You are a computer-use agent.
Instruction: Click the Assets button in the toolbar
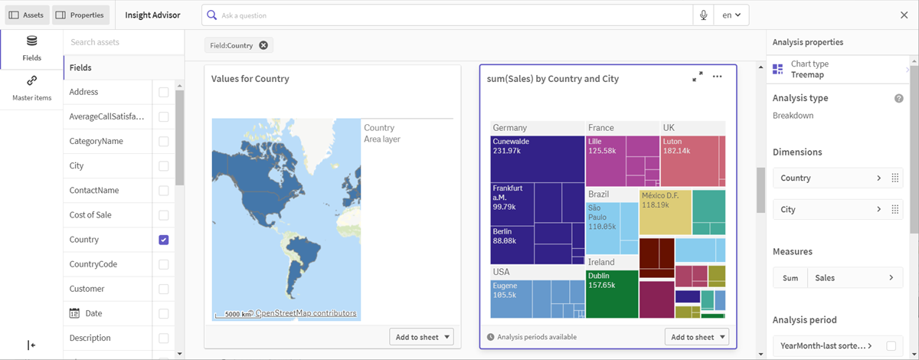(x=27, y=15)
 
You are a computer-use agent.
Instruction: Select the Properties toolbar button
(x=80, y=15)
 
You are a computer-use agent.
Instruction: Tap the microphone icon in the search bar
(x=703, y=15)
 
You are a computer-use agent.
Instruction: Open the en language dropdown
(x=731, y=15)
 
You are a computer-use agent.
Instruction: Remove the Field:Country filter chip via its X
(x=263, y=45)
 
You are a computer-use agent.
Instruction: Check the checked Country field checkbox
(x=164, y=240)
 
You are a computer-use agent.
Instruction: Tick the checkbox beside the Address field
(x=164, y=92)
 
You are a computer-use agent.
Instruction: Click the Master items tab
(x=32, y=88)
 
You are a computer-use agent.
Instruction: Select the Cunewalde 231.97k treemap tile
(x=538, y=159)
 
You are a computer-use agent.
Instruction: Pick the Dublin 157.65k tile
(x=612, y=294)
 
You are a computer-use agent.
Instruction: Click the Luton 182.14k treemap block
(x=690, y=162)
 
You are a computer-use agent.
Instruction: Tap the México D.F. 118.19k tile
(x=665, y=212)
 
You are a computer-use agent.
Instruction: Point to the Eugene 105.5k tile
(x=512, y=299)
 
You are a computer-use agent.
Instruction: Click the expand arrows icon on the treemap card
(x=698, y=77)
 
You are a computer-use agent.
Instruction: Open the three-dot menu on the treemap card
(x=717, y=77)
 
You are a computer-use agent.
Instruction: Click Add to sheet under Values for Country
(x=421, y=337)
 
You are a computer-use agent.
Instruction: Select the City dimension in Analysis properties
(x=838, y=209)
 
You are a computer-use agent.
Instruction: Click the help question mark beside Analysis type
(x=899, y=98)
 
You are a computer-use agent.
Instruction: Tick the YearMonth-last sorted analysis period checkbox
(x=891, y=345)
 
